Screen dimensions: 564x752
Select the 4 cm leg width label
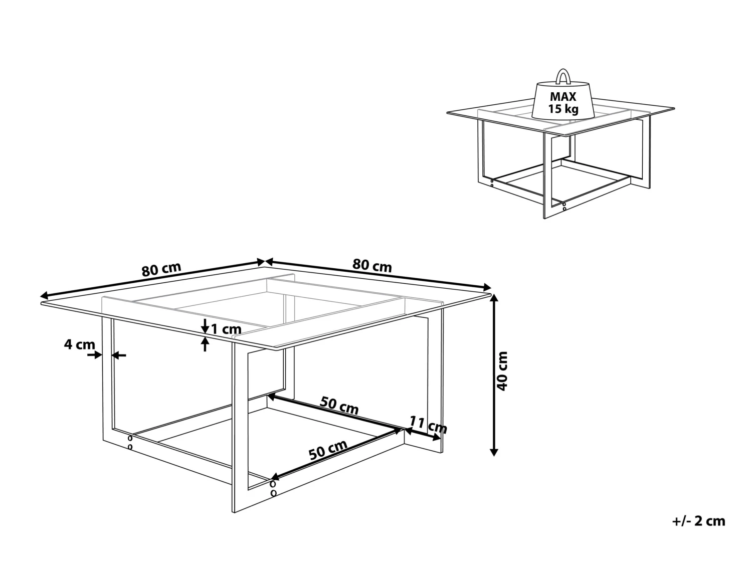pos(79,344)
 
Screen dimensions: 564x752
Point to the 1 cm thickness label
pos(226,329)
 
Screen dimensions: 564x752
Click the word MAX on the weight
pos(563,97)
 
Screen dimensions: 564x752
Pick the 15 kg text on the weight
pos(563,109)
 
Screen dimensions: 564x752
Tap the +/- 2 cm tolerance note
pos(698,521)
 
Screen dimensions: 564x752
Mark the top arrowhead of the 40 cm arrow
pos(494,297)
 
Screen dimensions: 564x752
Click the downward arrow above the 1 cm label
pos(205,326)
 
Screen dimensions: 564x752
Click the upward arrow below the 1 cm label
pos(205,344)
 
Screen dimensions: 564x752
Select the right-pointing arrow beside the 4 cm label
pos(94,355)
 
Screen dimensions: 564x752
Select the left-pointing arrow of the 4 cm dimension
pos(118,355)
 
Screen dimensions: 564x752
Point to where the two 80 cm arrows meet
pos(265,261)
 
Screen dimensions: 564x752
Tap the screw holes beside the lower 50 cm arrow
pos(273,489)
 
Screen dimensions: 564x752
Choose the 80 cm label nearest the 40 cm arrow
pos(372,265)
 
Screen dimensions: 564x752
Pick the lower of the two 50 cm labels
pos(328,451)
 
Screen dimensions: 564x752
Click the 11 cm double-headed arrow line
pos(422,434)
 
